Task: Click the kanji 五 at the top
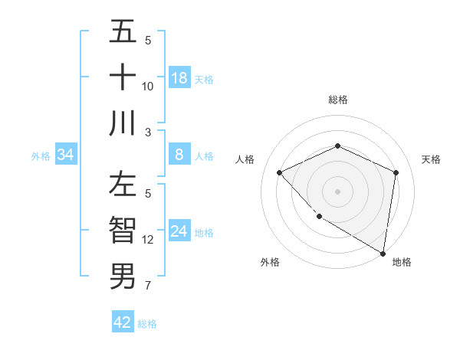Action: click(x=123, y=34)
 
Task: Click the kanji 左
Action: click(x=123, y=186)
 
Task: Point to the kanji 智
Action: click(x=123, y=231)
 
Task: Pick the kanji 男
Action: click(x=123, y=276)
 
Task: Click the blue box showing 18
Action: click(x=179, y=78)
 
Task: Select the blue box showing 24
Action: click(x=179, y=231)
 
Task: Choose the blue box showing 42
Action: click(x=123, y=322)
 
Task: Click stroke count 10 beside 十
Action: click(x=148, y=86)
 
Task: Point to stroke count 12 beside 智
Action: click(x=148, y=240)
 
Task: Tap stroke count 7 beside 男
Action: click(x=148, y=286)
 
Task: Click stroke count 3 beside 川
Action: click(x=148, y=132)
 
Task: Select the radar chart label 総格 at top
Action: click(x=337, y=100)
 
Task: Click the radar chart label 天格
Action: click(x=431, y=159)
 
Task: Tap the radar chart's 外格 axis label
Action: click(x=270, y=262)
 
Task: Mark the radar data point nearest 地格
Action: click(x=383, y=252)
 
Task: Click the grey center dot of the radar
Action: click(x=337, y=191)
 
